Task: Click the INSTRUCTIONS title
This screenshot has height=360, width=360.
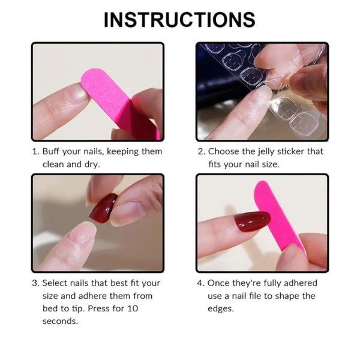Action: point(179,19)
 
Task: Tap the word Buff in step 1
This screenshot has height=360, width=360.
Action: point(53,151)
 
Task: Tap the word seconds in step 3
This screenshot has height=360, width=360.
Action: point(60,321)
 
